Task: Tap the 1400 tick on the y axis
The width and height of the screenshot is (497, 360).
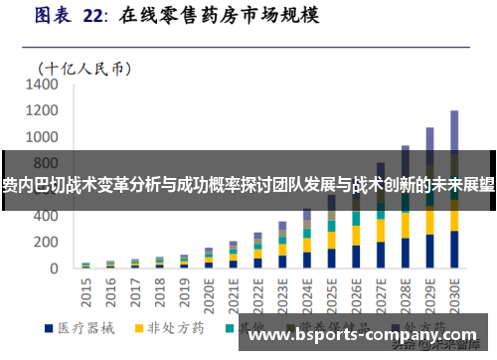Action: click(44, 86)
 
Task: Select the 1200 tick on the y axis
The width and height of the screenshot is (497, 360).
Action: click(44, 111)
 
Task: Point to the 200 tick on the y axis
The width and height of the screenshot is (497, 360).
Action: click(50, 242)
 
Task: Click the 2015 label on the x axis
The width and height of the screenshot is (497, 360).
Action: click(86, 288)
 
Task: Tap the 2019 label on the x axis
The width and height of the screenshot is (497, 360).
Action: click(185, 288)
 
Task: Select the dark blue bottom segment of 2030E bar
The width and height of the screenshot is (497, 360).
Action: click(454, 250)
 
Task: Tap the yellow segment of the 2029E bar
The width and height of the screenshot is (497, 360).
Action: click(429, 223)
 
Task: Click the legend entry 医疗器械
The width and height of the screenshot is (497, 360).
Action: click(79, 327)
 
